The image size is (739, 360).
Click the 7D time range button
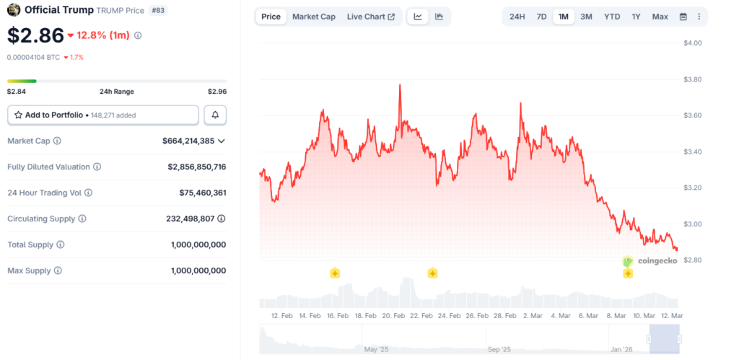click(541, 17)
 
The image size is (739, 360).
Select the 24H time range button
click(517, 17)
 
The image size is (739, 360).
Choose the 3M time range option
click(586, 17)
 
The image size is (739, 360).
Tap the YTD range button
click(612, 17)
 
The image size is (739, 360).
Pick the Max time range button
click(660, 17)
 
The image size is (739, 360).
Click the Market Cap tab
click(314, 17)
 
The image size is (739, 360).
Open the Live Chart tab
click(370, 17)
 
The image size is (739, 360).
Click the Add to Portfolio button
click(103, 115)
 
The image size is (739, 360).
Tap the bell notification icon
click(215, 115)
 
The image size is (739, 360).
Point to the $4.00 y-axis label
click(693, 43)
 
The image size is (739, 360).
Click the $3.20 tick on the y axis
click(693, 188)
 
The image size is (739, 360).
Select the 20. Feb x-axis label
click(393, 316)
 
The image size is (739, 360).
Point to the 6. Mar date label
click(587, 316)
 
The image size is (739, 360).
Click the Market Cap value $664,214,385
click(188, 141)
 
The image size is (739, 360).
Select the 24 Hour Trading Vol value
click(203, 193)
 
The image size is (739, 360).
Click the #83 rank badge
click(157, 11)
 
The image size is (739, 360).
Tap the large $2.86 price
click(36, 35)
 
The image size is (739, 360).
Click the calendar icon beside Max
click(683, 17)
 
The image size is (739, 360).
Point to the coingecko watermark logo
click(650, 261)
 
